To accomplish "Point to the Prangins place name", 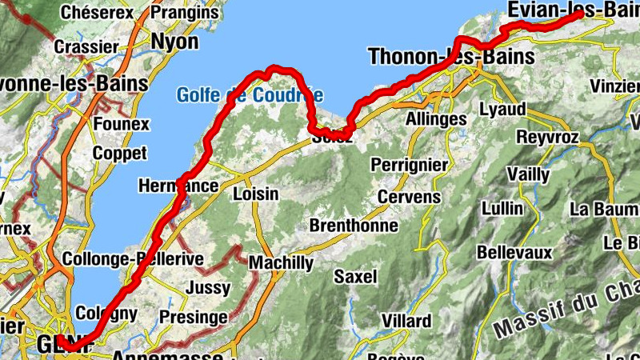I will point(184,13).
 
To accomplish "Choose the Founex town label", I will point(121,124).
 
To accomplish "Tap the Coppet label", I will point(120,153).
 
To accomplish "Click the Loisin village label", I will point(255,194).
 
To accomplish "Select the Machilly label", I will point(280,262).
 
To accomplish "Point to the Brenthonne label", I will point(354,226).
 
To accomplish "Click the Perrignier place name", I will point(409,164).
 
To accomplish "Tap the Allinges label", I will point(436,118).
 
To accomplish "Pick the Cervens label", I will point(409,197).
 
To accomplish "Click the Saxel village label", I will point(355,276).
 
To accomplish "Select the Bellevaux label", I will point(514,252).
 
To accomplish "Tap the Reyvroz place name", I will point(547,138).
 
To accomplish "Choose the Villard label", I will point(407,321).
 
